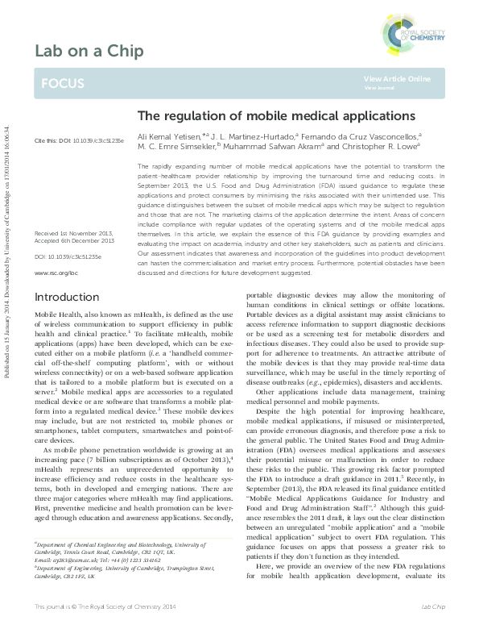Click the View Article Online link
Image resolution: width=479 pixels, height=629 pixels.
click(397, 78)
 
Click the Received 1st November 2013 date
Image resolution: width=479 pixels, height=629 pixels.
click(73, 210)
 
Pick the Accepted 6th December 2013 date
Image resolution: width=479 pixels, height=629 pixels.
click(73, 218)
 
